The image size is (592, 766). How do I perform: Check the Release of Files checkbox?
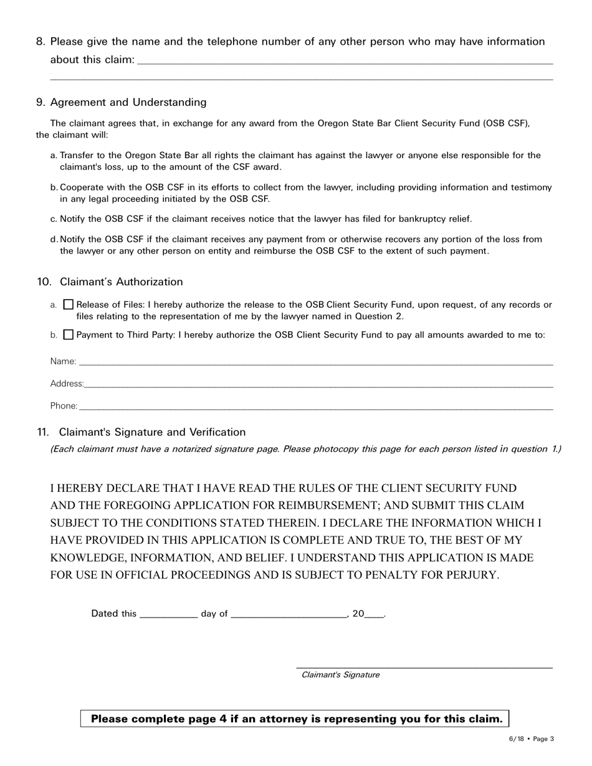coord(69,305)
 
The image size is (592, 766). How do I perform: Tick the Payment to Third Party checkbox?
coord(69,334)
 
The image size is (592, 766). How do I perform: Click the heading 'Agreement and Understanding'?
coord(128,102)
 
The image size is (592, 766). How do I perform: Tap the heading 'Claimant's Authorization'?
coord(122,282)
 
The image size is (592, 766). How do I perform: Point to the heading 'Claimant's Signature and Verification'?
coord(153,432)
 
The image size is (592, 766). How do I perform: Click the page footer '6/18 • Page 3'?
coord(531,739)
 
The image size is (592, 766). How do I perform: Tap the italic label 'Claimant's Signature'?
coord(340,674)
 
